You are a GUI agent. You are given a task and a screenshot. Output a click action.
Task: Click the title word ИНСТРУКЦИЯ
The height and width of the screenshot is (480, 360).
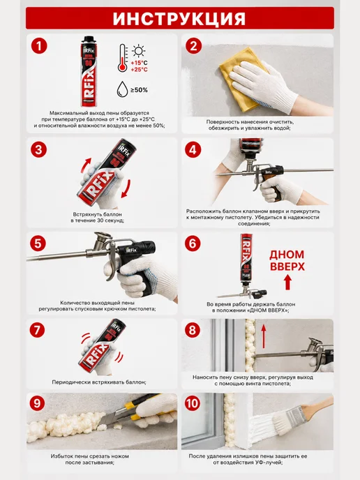(x=179, y=19)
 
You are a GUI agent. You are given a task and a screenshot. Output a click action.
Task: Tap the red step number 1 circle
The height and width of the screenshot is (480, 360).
(x=39, y=46)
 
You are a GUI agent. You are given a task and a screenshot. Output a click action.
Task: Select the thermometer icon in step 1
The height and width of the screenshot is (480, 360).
(x=123, y=58)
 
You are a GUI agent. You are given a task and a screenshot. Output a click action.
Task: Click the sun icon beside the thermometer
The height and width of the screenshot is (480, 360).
(x=138, y=51)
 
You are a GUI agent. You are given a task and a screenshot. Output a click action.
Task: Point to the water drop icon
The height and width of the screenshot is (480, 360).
(x=122, y=89)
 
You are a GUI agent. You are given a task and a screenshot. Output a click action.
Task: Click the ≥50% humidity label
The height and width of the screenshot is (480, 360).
(x=140, y=90)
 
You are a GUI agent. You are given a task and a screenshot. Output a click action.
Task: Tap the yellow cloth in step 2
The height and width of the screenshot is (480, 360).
(x=242, y=80)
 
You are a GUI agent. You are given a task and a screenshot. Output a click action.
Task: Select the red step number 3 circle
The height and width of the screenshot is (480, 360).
(x=38, y=150)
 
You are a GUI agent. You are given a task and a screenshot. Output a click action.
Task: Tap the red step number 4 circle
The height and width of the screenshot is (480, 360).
(x=193, y=150)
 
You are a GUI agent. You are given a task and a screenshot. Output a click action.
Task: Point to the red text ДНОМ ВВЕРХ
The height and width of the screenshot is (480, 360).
(x=287, y=260)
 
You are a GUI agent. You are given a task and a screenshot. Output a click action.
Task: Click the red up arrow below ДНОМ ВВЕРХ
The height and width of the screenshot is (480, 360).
(x=287, y=283)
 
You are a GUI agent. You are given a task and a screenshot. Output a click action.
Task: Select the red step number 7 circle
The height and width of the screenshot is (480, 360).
(x=38, y=330)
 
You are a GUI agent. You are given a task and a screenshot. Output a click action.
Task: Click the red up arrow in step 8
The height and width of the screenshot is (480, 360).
(x=264, y=337)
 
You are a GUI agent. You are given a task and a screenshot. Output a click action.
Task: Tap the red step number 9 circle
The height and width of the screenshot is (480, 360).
(x=37, y=403)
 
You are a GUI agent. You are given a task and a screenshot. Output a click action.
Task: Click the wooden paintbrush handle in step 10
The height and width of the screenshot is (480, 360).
(x=317, y=406)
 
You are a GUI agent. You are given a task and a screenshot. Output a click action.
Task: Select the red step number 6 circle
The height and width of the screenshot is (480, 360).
(x=193, y=243)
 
